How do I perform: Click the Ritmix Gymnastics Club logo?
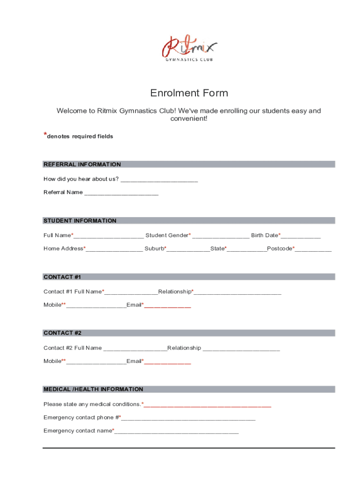coord(189,49)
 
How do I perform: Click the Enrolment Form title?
coord(189,93)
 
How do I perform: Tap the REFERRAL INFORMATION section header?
coord(82,164)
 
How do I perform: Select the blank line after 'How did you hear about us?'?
coord(159,180)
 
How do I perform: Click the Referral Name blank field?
coord(121,193)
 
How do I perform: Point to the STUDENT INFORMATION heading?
coord(80,220)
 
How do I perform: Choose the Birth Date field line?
coord(301,236)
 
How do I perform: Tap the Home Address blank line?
coord(114,249)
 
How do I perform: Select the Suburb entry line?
coord(188,249)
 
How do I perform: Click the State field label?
coord(218,248)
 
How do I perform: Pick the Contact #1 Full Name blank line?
coord(131,292)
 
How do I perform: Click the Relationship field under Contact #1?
coord(237,292)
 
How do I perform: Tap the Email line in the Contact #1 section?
coord(167,305)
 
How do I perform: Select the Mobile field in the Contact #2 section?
coord(96,362)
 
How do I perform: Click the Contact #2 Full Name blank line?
coord(135,348)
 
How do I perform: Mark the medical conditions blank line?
coord(207,405)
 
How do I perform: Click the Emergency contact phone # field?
coord(188,418)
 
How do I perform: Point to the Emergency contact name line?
coord(176,431)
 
